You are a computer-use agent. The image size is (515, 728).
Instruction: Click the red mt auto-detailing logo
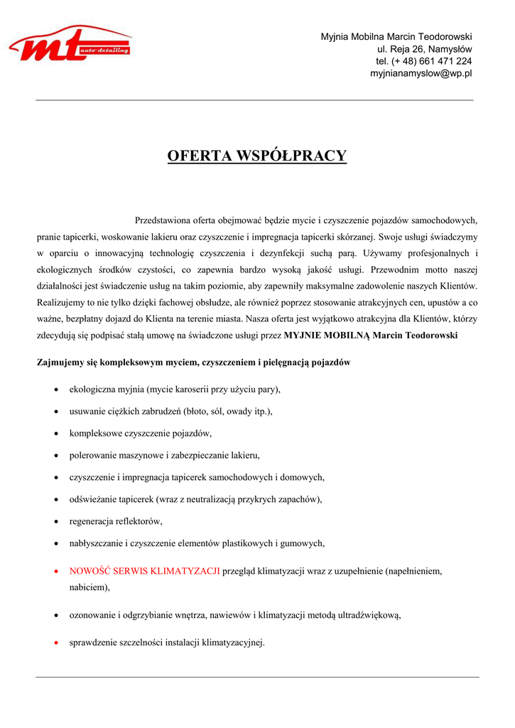coord(70,44)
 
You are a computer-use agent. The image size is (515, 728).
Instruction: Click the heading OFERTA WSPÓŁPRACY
coord(257,156)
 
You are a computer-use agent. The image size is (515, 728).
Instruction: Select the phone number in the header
coord(423,61)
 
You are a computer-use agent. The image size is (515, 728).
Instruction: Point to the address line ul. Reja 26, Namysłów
coord(424,49)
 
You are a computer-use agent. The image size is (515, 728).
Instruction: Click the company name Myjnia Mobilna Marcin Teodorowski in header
coord(396,36)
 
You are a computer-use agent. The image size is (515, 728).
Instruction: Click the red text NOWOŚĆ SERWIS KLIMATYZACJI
coord(144,571)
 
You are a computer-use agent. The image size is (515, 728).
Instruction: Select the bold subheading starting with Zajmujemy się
coord(193,362)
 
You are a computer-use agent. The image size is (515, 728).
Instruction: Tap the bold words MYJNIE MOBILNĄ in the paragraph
coord(327,335)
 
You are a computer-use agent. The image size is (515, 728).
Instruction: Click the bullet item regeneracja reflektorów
coord(116,521)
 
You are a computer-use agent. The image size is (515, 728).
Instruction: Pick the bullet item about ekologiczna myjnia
coord(175,389)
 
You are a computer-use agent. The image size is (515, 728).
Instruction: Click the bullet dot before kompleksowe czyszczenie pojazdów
coord(56,433)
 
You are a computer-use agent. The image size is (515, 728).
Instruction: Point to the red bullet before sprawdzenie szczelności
coord(56,643)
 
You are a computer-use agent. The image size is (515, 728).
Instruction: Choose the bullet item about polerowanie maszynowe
coord(164,455)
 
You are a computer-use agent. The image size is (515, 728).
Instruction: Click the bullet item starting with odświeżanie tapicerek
coord(195,499)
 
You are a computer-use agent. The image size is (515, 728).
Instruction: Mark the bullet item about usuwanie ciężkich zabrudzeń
coord(170,411)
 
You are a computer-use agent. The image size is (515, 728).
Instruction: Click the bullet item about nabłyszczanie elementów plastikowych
coord(197,543)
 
